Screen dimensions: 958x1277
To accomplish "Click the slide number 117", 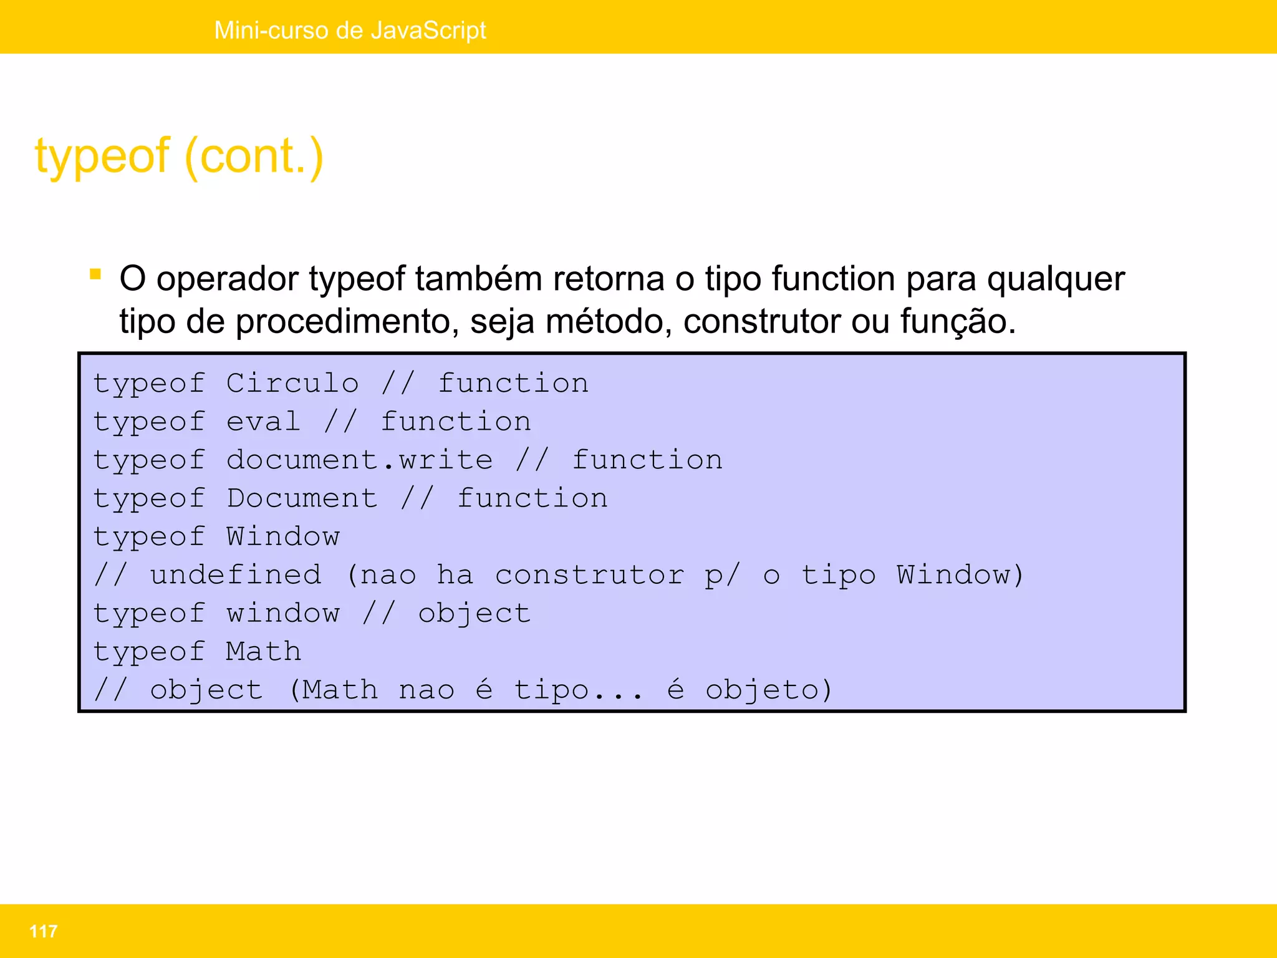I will tap(43, 931).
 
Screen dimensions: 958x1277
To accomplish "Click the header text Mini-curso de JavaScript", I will tap(350, 30).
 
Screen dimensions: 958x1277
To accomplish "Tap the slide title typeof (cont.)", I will tap(180, 156).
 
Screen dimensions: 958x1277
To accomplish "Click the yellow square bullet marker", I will tap(95, 274).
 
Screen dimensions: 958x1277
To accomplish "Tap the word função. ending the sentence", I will tap(958, 322).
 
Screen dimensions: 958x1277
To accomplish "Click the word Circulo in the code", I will tap(292, 383).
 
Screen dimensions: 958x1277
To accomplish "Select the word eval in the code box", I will tap(263, 422).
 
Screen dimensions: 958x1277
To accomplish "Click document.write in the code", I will tap(360, 460).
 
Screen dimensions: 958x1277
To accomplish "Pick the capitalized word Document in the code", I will tap(302, 498).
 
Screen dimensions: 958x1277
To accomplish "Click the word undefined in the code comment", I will tap(236, 575).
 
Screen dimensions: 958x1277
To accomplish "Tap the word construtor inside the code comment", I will tap(590, 575).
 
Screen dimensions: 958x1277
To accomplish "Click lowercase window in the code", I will tap(283, 614).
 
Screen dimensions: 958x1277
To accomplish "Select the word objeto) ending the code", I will tap(769, 690).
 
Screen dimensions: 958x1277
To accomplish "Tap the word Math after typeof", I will tap(264, 652).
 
